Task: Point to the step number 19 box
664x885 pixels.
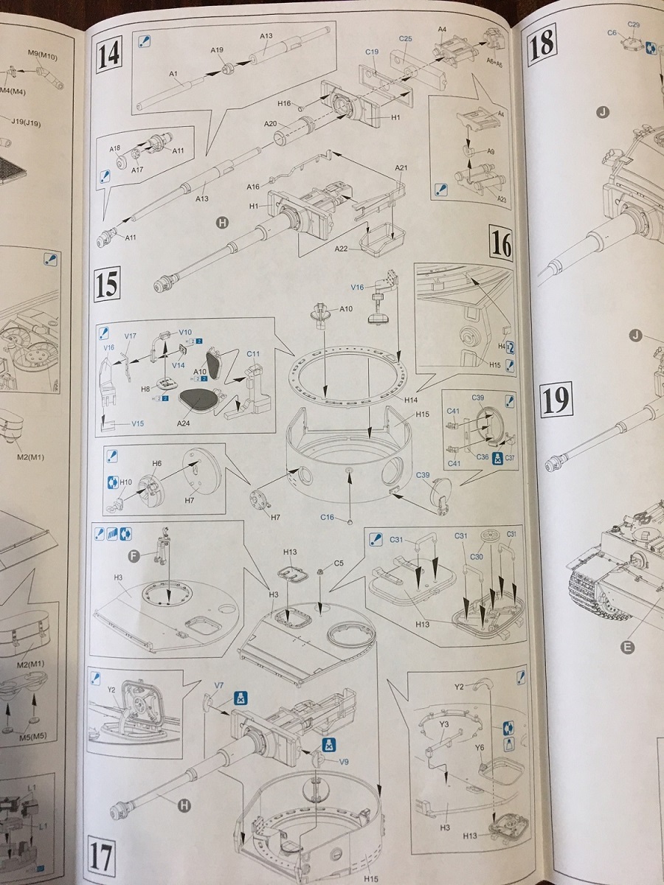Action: (556, 400)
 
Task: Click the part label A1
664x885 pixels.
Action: (174, 74)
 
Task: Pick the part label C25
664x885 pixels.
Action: (405, 38)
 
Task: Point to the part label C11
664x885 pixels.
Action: (252, 353)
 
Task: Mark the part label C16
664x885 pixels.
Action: (328, 517)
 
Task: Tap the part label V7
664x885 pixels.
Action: (219, 686)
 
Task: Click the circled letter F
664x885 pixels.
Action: (134, 555)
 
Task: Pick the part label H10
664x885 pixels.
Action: (125, 482)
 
